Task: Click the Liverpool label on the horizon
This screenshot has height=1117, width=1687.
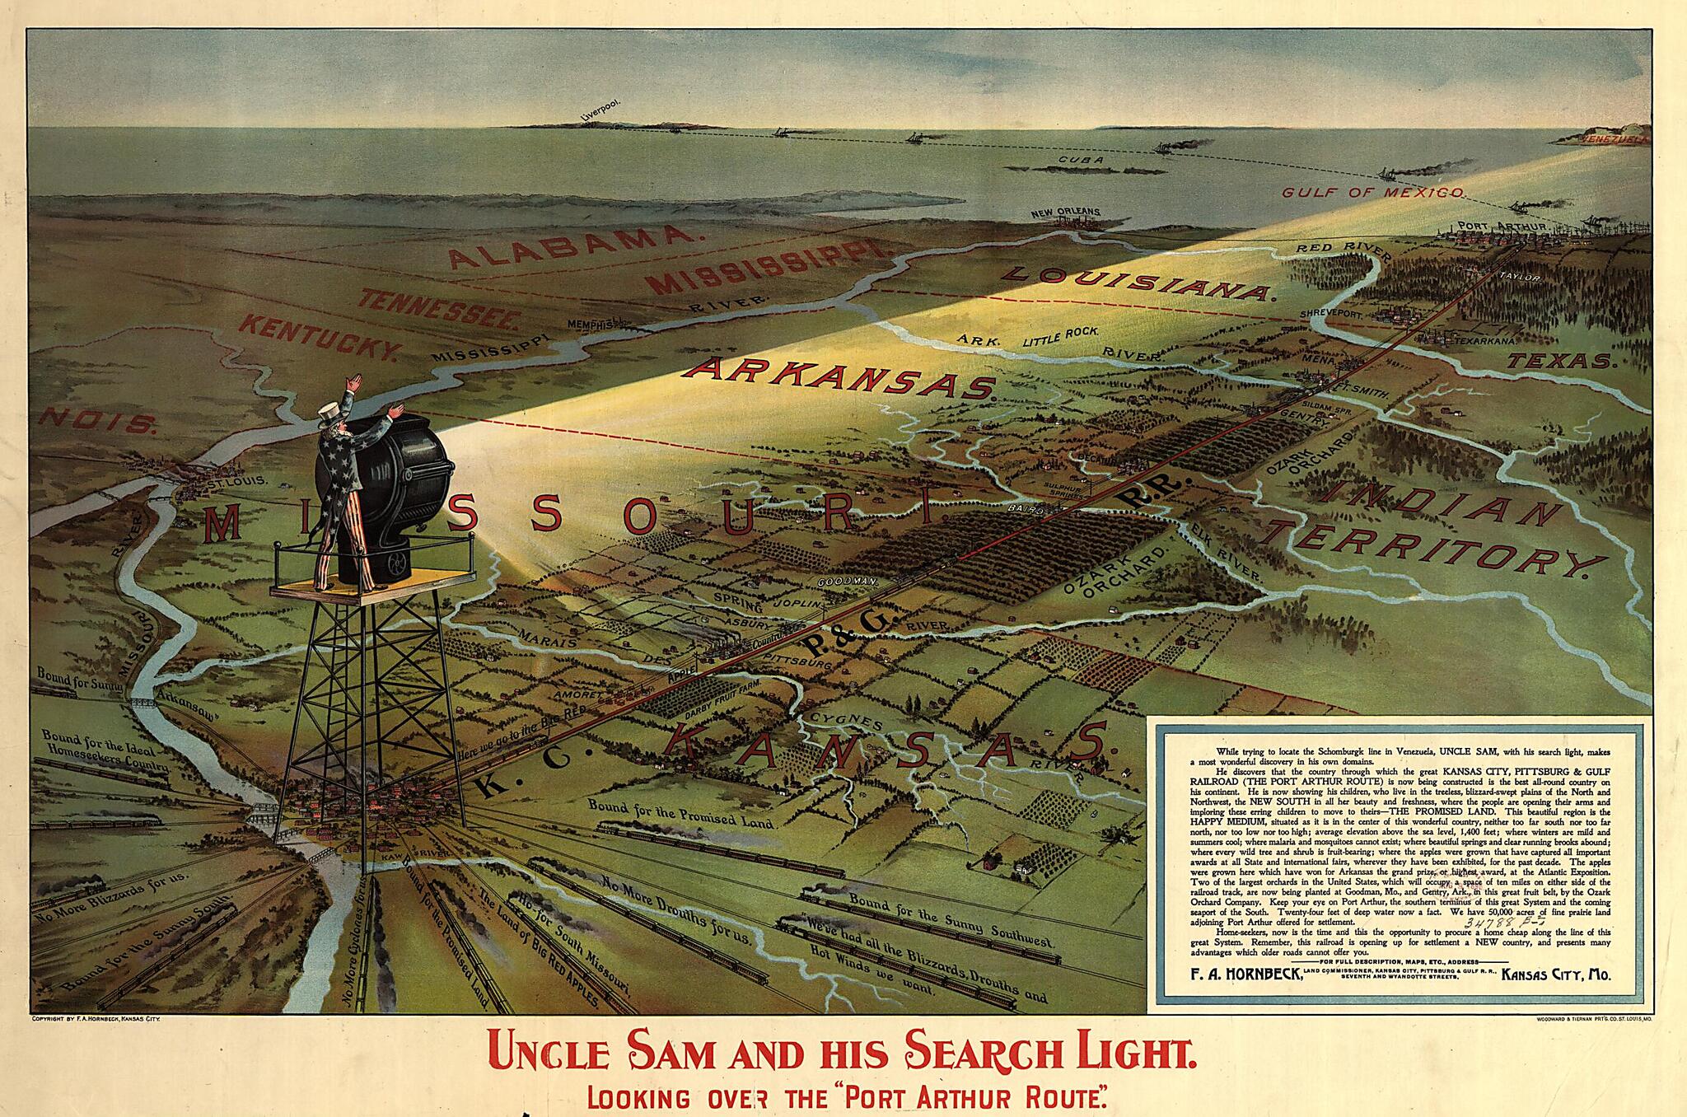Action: [x=599, y=112]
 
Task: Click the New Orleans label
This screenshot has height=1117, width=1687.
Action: [x=1065, y=213]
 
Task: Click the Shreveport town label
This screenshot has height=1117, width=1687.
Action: [x=1328, y=315]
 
